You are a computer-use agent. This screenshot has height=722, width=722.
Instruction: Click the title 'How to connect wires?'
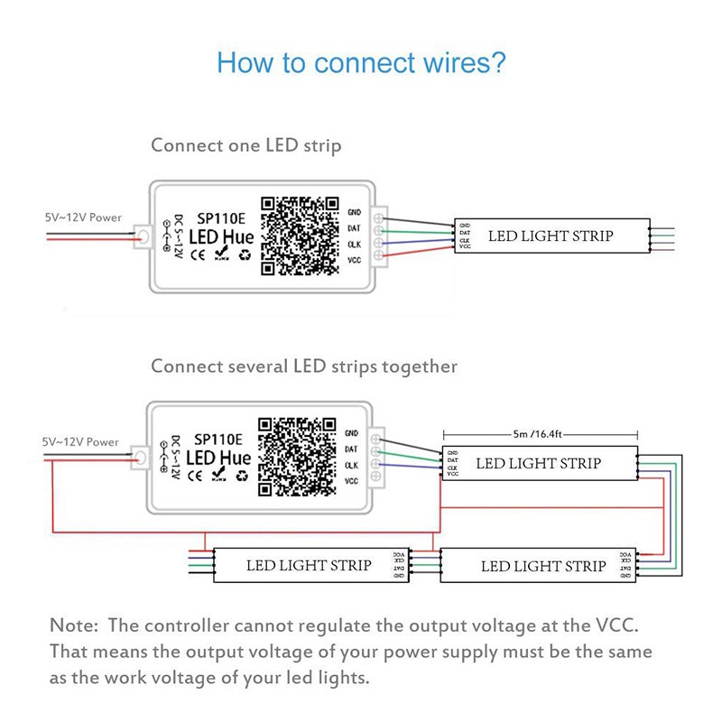361,63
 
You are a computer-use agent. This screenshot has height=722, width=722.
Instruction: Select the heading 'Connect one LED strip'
246,144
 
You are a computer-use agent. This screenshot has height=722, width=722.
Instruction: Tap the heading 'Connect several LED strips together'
304,366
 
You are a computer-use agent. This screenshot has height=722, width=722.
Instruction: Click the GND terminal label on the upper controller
354,212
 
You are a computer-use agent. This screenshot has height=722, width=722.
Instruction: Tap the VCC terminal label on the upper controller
354,259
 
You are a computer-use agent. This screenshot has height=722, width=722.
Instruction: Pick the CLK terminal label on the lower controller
353,465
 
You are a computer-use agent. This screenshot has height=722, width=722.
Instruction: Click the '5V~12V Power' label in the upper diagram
83,218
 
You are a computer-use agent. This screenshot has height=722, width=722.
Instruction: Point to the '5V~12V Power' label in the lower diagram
81,442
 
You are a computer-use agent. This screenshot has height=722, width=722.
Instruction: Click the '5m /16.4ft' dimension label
539,434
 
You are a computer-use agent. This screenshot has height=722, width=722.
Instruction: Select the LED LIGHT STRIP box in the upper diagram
551,236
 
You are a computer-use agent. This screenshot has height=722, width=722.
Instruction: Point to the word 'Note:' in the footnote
76,625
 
